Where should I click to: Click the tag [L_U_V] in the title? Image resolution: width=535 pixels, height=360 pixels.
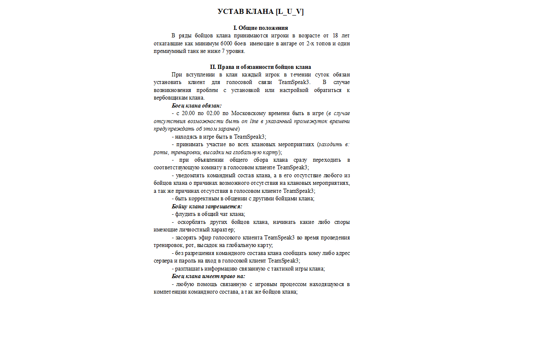click(289, 11)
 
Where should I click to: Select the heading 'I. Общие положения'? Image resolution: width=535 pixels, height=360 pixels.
click(260, 28)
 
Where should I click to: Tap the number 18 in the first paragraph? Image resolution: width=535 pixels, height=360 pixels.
click(335, 35)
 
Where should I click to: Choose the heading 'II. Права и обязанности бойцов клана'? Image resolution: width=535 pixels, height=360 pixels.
click(260, 67)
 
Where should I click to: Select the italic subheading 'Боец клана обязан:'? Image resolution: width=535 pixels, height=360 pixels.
click(197, 105)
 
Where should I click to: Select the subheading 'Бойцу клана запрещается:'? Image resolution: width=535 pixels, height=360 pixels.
click(207, 207)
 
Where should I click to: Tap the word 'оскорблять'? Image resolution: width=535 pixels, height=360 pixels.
click(192, 222)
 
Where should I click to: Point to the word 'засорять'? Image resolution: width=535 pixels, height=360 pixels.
click(187, 238)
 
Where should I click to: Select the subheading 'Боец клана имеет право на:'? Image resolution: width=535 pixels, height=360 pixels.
click(208, 276)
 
